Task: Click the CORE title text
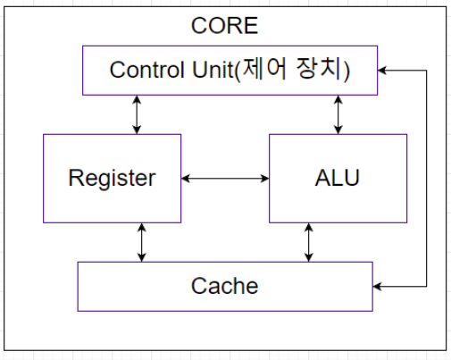tap(224, 26)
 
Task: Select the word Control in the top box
tap(146, 70)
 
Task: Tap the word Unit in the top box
tap(213, 70)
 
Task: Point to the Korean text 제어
tap(264, 69)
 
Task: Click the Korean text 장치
tap(319, 69)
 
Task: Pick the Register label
tap(113, 179)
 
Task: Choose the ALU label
tap(338, 178)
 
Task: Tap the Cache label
tap(224, 286)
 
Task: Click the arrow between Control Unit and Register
tap(137, 114)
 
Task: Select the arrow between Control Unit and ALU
tap(338, 114)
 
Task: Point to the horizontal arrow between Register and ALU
tap(225, 179)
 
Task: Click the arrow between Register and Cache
tap(142, 242)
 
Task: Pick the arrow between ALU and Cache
tap(309, 242)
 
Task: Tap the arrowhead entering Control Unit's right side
tap(381, 71)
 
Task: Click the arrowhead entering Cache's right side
tap(377, 287)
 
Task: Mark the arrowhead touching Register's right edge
tap(185, 179)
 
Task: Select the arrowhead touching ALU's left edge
tap(265, 179)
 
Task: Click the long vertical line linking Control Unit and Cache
tap(427, 179)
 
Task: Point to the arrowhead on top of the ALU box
tap(338, 130)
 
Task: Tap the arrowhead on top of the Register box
tap(137, 130)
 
